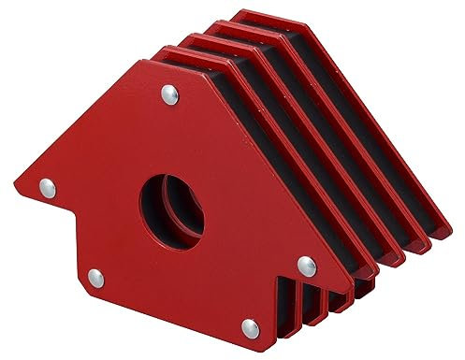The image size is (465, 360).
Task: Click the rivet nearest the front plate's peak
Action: point(168,93)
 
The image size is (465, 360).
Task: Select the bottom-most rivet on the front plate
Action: point(249,325)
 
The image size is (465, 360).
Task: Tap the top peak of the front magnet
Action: point(145,62)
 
